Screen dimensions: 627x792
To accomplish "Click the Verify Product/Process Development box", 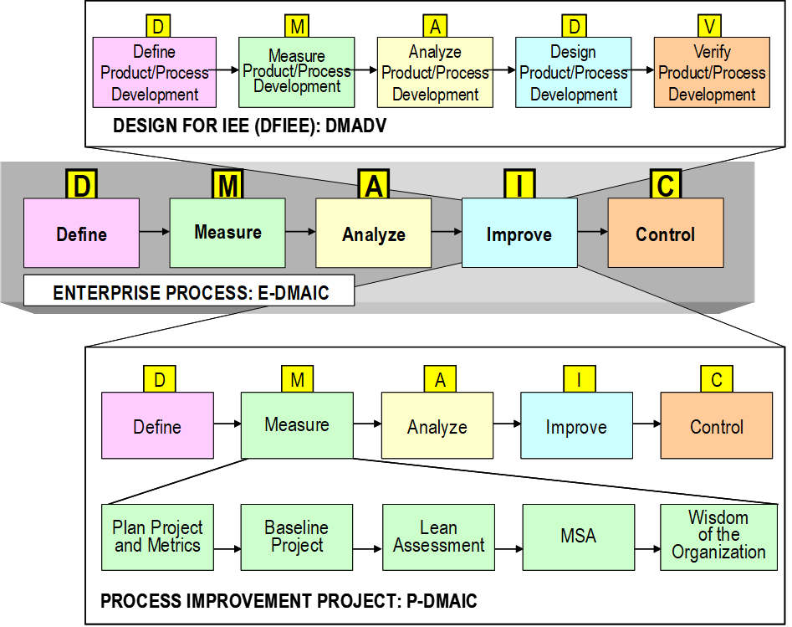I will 711,73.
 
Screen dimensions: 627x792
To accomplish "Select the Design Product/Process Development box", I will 573,73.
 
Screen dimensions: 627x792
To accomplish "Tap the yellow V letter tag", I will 711,27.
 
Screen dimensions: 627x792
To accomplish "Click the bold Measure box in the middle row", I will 227,233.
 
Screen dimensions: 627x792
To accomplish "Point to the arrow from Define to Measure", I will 154,230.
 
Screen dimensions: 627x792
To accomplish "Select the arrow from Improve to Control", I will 592,230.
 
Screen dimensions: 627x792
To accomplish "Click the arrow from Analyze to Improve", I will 447,231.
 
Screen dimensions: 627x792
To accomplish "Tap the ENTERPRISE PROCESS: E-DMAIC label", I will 189,292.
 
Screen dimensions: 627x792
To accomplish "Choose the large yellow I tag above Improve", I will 519,184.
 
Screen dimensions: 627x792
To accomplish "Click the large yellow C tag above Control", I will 666,184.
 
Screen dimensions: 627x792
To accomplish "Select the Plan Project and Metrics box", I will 157,537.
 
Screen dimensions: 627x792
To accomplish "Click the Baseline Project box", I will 297,537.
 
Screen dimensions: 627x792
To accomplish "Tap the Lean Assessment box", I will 438,537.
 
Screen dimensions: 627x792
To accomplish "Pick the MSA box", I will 578,537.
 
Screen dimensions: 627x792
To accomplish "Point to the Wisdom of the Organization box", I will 718,537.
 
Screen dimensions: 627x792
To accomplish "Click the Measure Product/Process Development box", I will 297,73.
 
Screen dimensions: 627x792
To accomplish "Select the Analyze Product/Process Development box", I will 435,73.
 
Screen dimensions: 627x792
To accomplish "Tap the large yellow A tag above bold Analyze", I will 374,184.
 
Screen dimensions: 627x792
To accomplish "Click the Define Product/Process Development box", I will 155,73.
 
